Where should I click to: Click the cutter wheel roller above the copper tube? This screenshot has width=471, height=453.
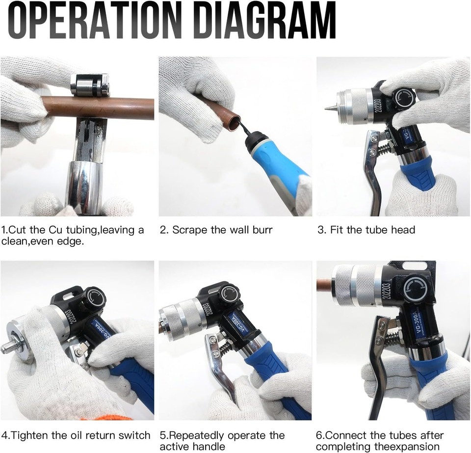pyautogui.click(x=89, y=85)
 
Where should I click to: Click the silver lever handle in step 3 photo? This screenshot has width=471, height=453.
pyautogui.click(x=373, y=172)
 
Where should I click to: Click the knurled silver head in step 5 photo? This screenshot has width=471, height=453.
pyautogui.click(x=179, y=322)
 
